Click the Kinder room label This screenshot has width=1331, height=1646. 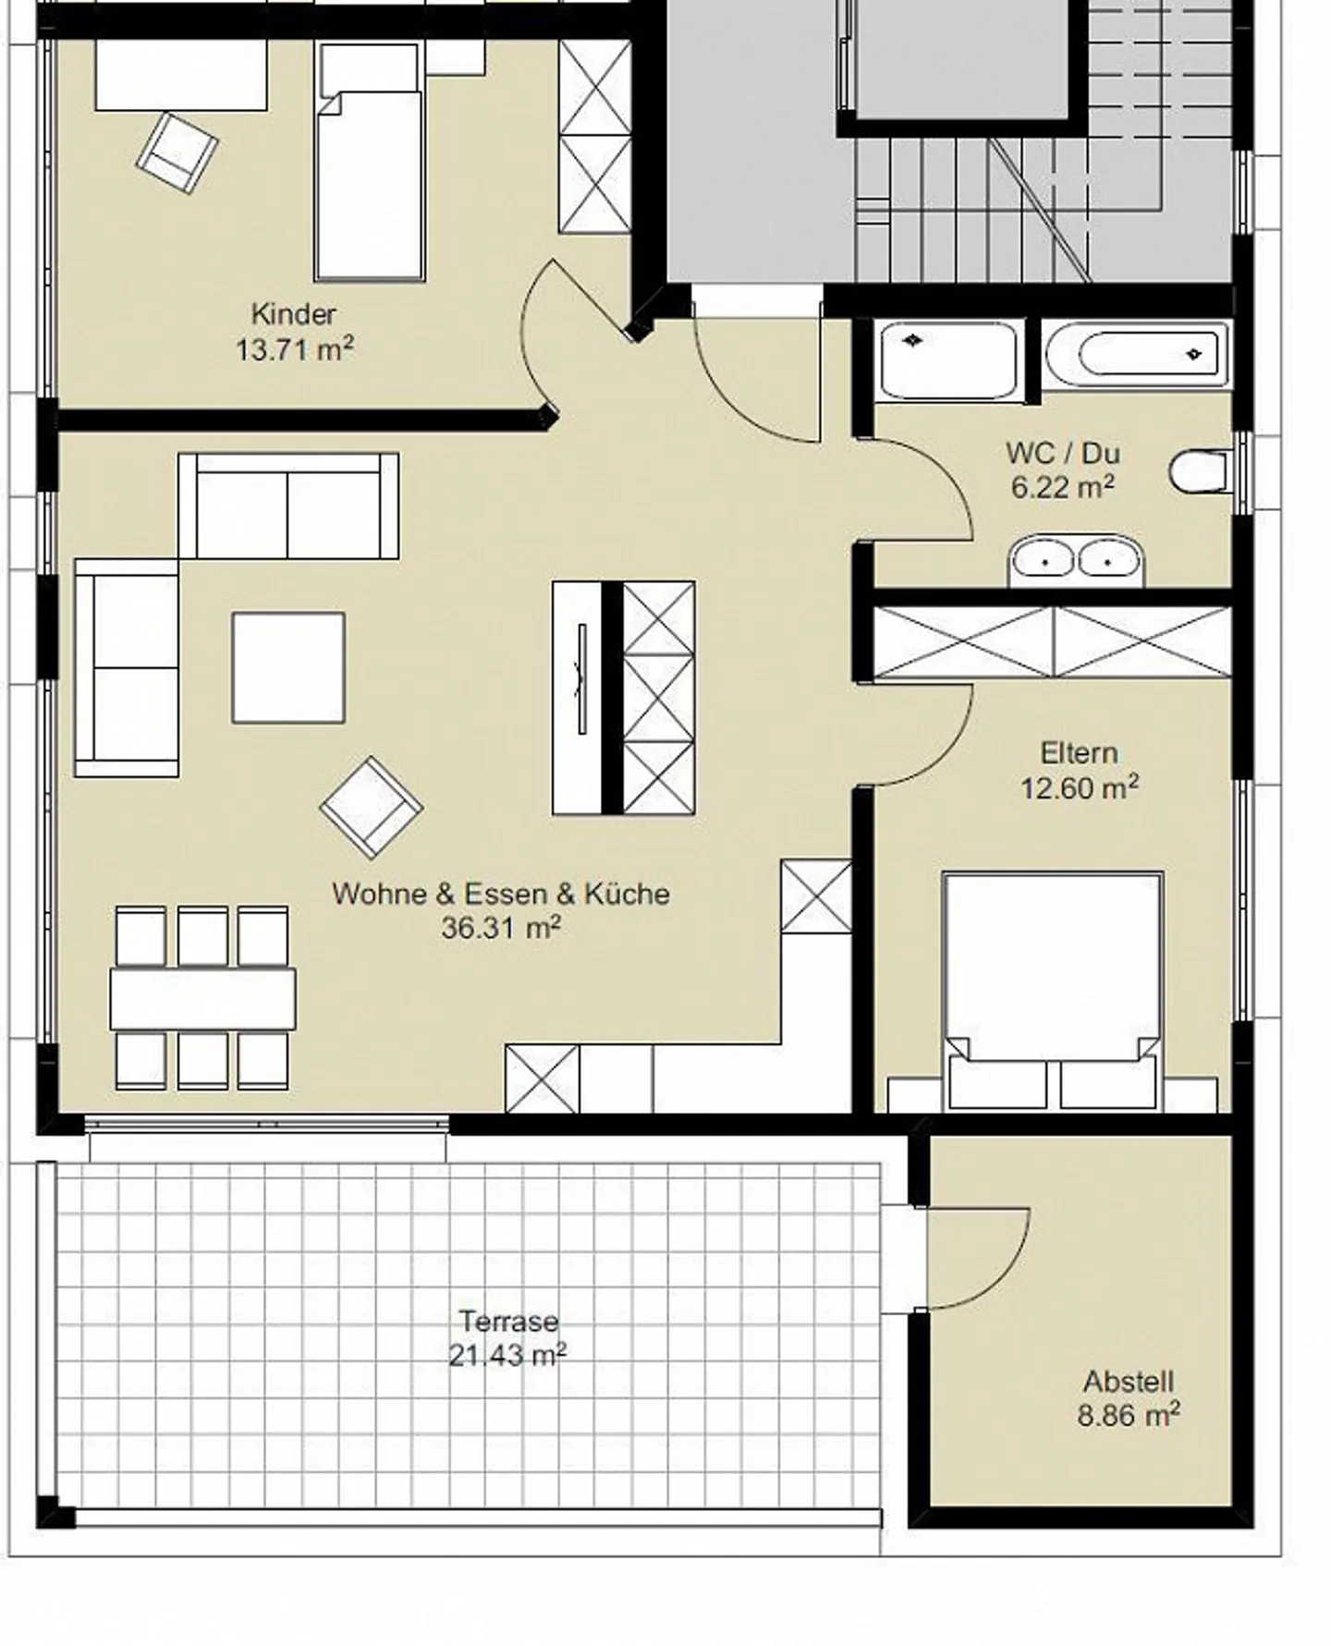[x=294, y=314]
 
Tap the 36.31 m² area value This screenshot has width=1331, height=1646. [x=500, y=927]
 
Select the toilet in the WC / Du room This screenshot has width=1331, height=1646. [x=1199, y=472]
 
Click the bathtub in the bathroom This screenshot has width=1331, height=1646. [x=1138, y=355]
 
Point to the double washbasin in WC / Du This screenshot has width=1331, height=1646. [x=1076, y=560]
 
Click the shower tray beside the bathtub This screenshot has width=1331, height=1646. [x=948, y=360]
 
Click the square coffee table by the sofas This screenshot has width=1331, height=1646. [x=288, y=666]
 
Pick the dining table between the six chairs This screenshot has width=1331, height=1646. [x=202, y=998]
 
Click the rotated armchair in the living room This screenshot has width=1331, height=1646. [x=371, y=807]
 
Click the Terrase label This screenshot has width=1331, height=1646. [x=508, y=1321]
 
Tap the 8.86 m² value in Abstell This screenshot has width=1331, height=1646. [x=1128, y=1415]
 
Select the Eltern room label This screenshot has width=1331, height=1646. [x=1079, y=753]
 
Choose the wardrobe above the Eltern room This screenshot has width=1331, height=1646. [x=1052, y=641]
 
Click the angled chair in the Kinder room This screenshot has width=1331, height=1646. [x=177, y=152]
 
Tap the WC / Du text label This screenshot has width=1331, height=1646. [x=1062, y=453]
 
